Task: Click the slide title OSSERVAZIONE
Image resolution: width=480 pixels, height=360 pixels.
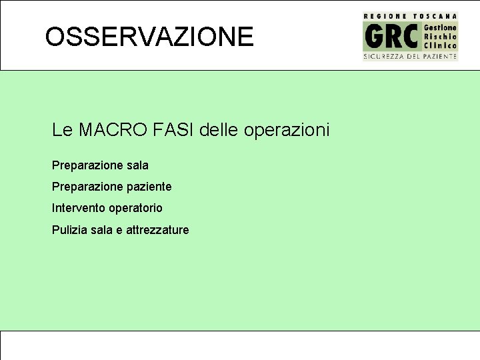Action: (149, 37)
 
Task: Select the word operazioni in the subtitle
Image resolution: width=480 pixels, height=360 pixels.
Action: (287, 130)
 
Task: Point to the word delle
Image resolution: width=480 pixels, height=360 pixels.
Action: (220, 130)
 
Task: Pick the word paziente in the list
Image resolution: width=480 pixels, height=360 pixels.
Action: (149, 187)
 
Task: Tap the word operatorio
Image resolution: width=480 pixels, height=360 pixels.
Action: (136, 209)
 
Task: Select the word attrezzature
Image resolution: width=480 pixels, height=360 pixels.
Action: (157, 230)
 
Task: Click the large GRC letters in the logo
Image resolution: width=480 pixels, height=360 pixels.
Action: (392, 37)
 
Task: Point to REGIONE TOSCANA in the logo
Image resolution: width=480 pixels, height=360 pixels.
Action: (410, 15)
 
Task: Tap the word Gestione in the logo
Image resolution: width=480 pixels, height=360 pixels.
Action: (441, 27)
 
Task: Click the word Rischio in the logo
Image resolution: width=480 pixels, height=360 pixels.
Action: (441, 36)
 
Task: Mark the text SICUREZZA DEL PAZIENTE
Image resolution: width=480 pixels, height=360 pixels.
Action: (410, 57)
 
